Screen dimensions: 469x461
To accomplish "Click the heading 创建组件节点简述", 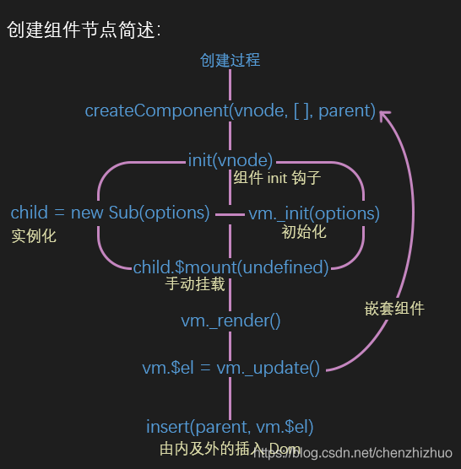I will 82,30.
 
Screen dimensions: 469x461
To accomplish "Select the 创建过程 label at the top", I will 230,60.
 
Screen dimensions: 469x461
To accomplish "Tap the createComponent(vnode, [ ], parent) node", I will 230,111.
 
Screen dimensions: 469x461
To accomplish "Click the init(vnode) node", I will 230,159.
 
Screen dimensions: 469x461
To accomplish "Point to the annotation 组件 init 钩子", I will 277,179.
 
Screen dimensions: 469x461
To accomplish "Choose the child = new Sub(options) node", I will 110,213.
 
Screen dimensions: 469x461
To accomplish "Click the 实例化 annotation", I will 34,235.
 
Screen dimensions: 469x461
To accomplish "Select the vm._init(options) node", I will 314,213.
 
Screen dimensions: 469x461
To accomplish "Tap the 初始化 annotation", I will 304,231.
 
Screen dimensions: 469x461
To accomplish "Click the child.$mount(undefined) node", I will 230,267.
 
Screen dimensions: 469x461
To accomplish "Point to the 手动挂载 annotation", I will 195,285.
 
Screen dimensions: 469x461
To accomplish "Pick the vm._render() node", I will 230,321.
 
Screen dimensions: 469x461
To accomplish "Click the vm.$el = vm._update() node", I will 230,368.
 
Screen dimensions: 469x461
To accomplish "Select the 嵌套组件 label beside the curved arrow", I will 388,309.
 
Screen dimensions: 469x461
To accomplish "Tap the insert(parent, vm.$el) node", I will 230,427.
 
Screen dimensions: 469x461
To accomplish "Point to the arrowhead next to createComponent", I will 385,113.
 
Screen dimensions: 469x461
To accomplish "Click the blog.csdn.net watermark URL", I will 355,454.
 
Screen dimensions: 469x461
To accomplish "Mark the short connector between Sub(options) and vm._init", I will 230,214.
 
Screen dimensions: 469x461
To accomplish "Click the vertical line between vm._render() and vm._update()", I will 230,344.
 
